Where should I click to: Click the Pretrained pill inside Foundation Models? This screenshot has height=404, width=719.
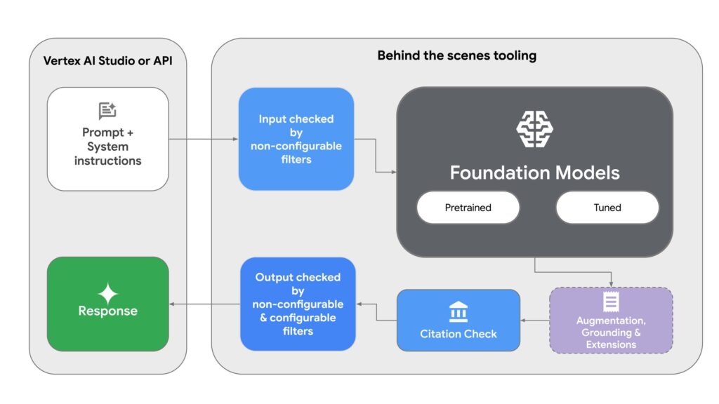468,208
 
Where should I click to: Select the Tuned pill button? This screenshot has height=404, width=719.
607,208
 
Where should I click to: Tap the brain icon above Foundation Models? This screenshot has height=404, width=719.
535,129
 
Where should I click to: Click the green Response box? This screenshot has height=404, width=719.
107,303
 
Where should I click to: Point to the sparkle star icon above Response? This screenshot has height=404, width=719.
107,293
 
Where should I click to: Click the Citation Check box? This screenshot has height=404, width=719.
459,321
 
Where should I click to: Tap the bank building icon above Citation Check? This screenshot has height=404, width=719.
459,311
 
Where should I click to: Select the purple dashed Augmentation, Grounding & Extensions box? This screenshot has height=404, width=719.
611,320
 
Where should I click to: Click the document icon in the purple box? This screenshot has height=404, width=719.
611,302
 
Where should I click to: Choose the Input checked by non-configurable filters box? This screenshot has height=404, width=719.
296,139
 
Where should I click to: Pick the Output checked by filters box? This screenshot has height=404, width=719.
298,304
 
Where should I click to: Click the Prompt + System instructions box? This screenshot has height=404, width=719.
107,139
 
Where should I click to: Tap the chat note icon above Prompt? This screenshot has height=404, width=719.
107,111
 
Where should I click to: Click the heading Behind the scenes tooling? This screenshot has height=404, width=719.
456,55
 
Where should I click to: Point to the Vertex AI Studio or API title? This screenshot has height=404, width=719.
107,61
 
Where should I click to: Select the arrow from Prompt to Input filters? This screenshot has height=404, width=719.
204,139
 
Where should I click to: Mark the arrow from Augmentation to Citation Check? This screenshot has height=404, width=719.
534,321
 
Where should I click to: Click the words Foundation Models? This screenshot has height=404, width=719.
535,172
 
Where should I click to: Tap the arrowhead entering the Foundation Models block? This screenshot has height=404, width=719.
393,172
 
